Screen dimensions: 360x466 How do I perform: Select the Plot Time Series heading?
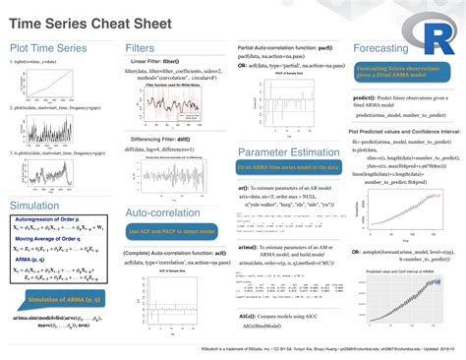coord(49,47)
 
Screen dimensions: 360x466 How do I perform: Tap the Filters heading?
coord(141,47)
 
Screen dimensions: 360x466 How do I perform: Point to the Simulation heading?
coord(36,205)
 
